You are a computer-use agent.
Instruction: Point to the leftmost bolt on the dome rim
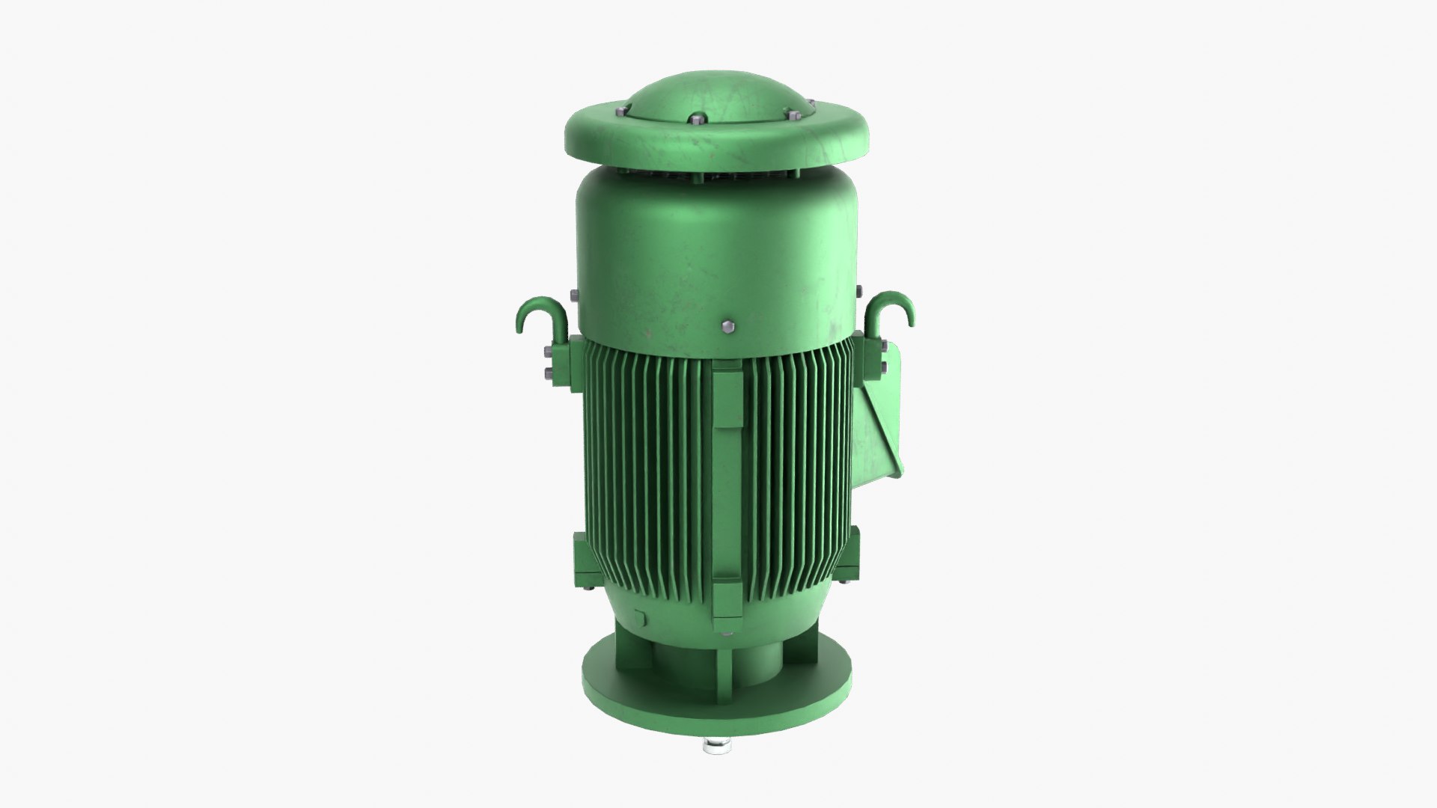(620, 112)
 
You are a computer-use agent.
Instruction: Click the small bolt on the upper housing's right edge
(859, 288)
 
